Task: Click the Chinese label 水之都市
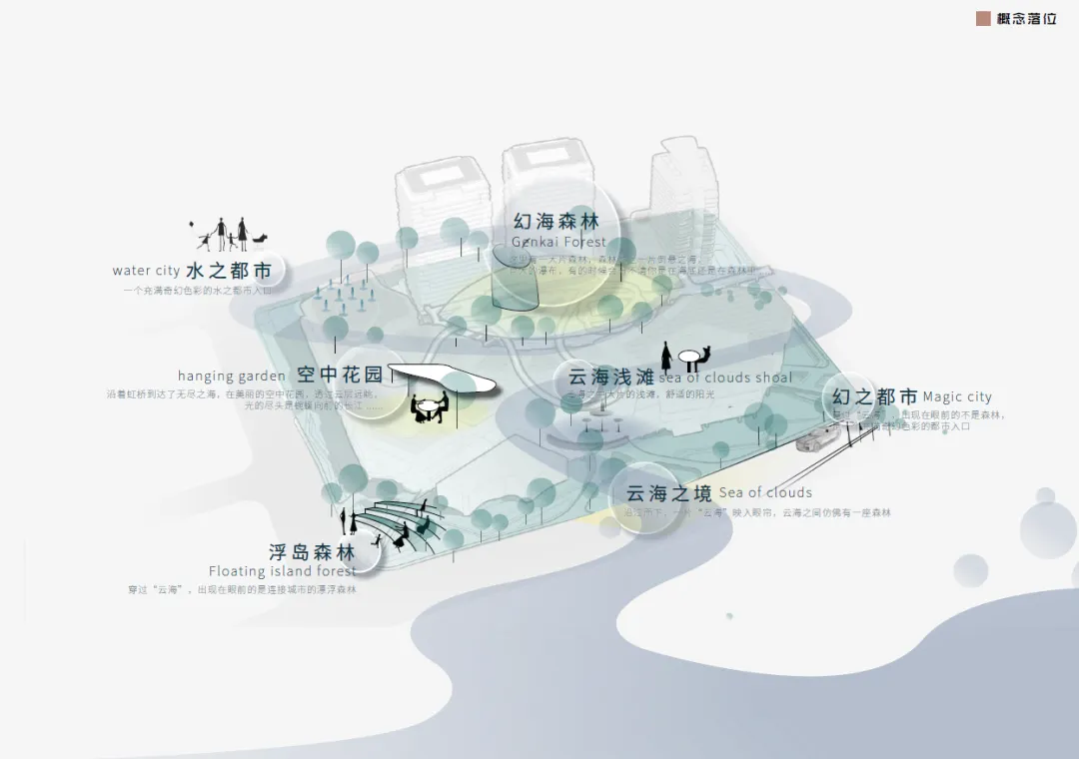point(228,271)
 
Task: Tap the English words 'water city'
point(146,271)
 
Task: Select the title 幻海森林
point(556,221)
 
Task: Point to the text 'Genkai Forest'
point(558,242)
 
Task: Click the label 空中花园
point(340,376)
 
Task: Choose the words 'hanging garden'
point(231,377)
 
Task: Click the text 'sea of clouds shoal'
point(725,378)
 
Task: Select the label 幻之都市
point(875,396)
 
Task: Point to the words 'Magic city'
point(957,396)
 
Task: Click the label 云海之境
point(668,492)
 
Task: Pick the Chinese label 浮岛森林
point(312,552)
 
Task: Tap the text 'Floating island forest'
point(282,571)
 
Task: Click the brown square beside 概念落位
point(983,18)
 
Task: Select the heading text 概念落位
point(1026,18)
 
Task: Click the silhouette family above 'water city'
point(229,235)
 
